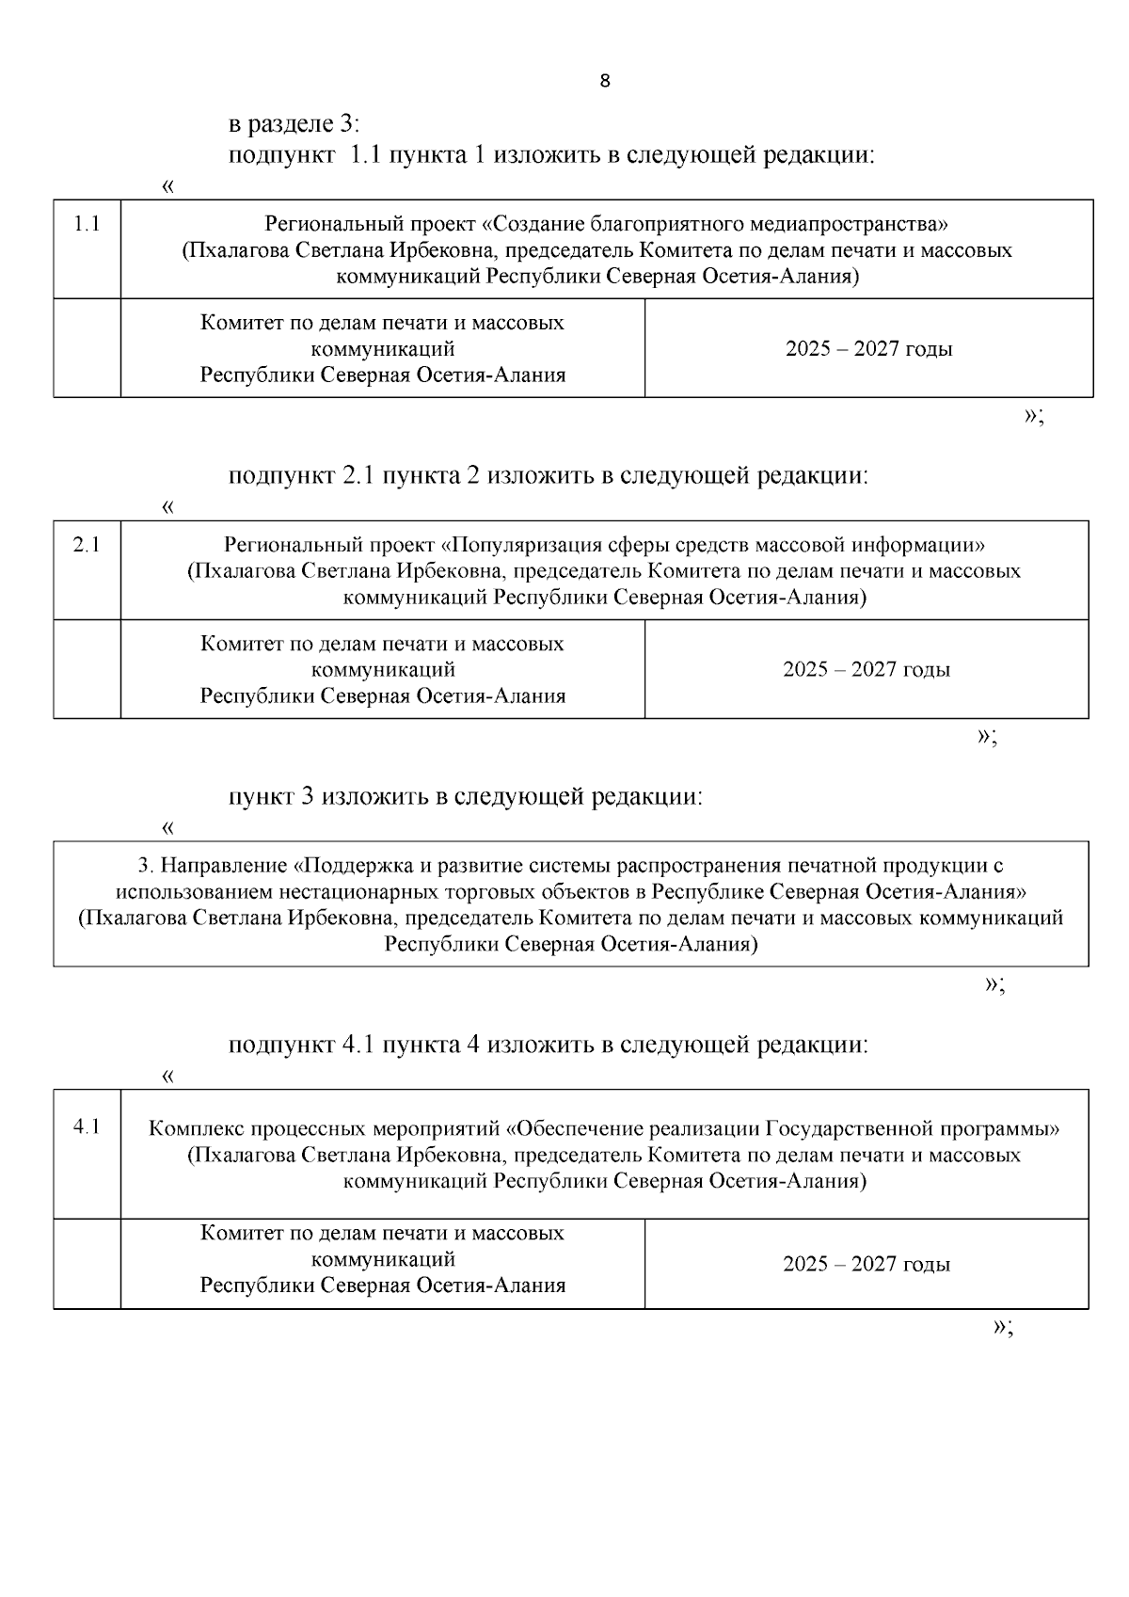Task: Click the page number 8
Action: tap(604, 81)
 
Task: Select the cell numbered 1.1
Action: tap(87, 224)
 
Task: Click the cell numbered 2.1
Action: tap(87, 545)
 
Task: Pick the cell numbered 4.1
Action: tap(87, 1126)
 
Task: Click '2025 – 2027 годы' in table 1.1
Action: tap(868, 349)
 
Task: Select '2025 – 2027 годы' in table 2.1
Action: tap(867, 670)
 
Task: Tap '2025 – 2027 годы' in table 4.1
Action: tap(867, 1264)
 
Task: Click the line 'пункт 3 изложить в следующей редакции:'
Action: tap(466, 797)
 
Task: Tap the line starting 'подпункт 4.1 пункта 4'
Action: tap(549, 1045)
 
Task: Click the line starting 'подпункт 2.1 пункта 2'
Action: tap(549, 476)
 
